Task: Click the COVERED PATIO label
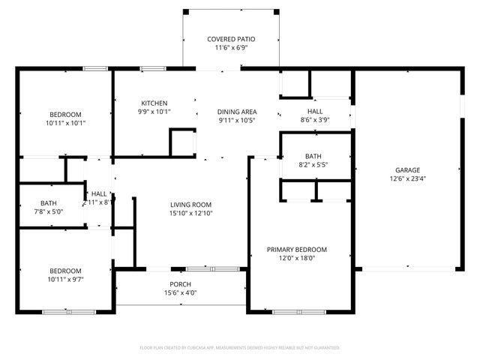[x=231, y=39]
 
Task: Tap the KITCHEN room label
[x=154, y=103]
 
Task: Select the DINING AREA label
[x=237, y=111]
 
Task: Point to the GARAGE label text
[x=404, y=170]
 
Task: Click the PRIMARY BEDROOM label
[x=297, y=249]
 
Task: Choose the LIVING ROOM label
[x=190, y=204]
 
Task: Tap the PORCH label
[x=180, y=284]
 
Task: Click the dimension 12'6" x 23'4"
[x=404, y=179]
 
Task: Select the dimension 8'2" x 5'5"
[x=313, y=165]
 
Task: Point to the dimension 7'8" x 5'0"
[x=49, y=212]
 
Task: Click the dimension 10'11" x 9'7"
[x=66, y=280]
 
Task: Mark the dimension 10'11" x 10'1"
[x=66, y=123]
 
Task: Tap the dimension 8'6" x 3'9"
[x=315, y=118]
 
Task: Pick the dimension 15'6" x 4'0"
[x=180, y=292]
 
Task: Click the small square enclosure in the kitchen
[x=182, y=142]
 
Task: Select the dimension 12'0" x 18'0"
[x=297, y=258]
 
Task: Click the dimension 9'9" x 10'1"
[x=154, y=112]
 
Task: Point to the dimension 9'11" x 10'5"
[x=237, y=120]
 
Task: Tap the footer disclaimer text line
[x=240, y=347]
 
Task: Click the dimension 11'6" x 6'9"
[x=231, y=48]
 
